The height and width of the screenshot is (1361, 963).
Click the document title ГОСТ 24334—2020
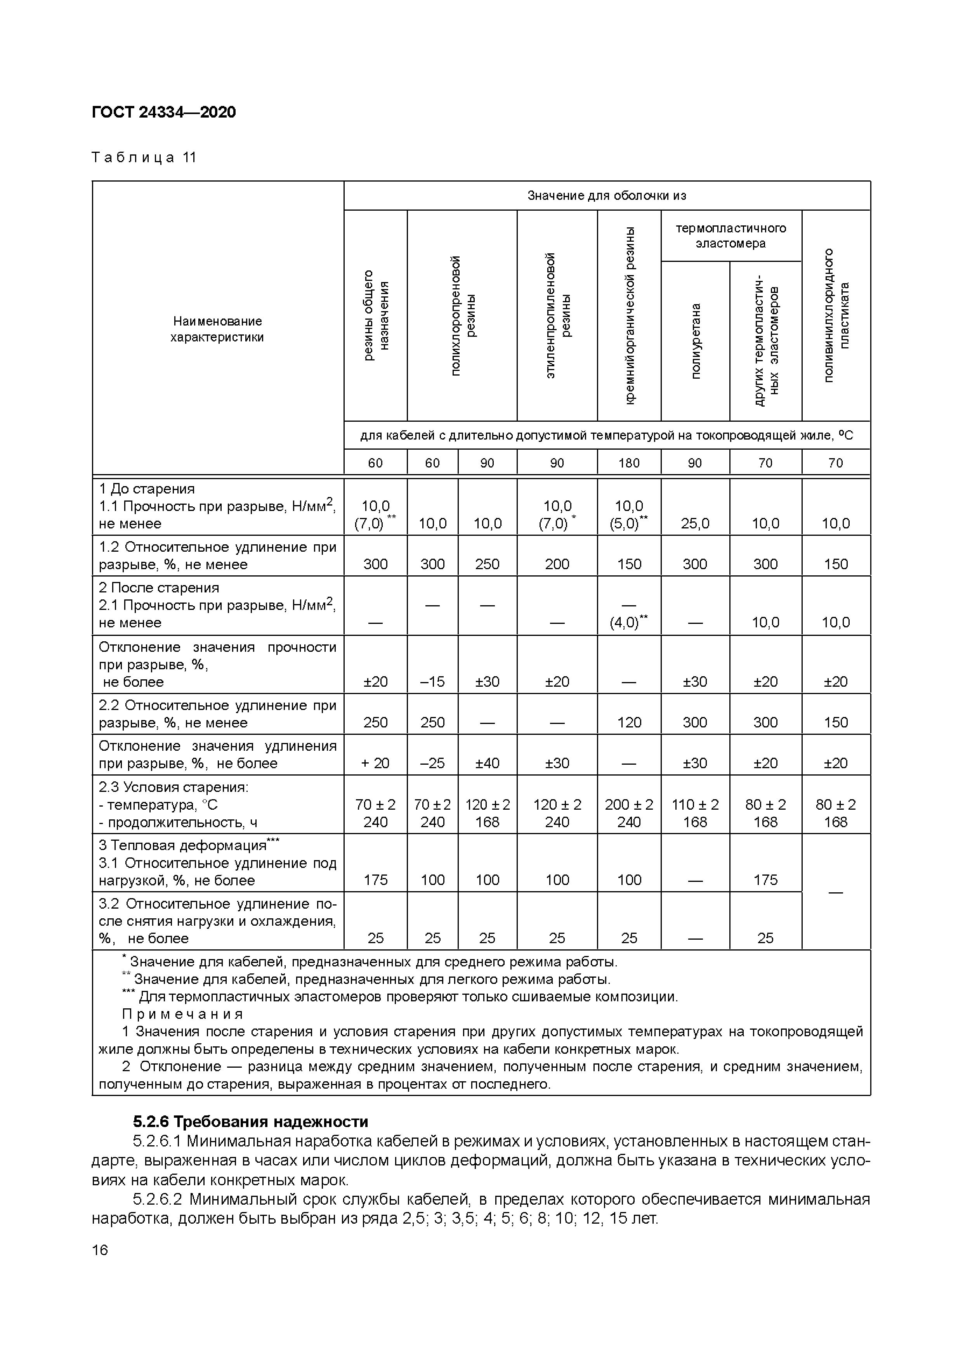pyautogui.click(x=164, y=112)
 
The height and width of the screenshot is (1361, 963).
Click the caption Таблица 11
pyautogui.click(x=144, y=158)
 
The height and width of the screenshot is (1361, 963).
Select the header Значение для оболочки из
pyautogui.click(x=607, y=196)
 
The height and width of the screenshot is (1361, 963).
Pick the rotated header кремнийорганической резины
pyautogui.click(x=629, y=315)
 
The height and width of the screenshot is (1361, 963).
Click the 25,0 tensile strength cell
pyautogui.click(x=695, y=523)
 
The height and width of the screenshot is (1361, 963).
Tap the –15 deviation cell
pyautogui.click(x=432, y=682)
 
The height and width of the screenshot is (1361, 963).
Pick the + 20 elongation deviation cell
pyautogui.click(x=375, y=763)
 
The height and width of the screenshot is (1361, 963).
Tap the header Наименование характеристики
pyautogui.click(x=217, y=329)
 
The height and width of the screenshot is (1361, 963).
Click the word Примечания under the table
pyautogui.click(x=183, y=1014)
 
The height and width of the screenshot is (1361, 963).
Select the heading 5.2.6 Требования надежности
pyautogui.click(x=250, y=1122)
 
